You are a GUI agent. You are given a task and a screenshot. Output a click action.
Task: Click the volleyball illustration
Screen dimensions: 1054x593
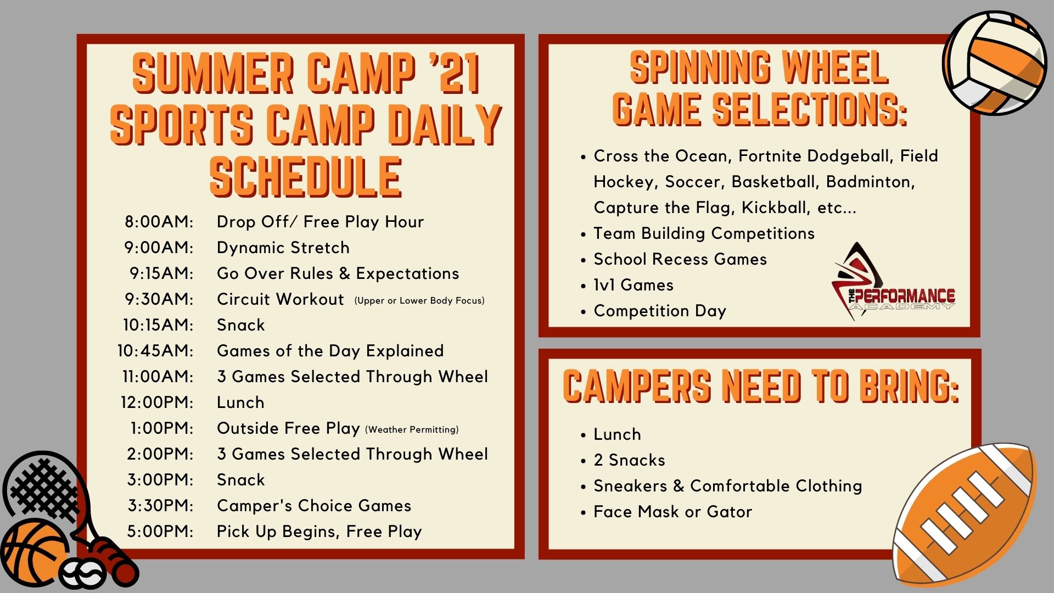pos(994,63)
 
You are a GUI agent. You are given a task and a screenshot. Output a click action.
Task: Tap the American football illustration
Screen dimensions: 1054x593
pos(965,515)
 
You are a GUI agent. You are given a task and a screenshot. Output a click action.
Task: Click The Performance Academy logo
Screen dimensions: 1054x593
pos(893,281)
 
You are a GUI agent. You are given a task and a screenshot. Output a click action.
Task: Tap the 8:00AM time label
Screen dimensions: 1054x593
pos(159,222)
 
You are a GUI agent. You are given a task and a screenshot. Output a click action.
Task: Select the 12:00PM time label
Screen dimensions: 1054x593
pos(157,402)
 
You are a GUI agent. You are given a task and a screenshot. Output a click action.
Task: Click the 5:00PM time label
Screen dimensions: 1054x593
pos(160,532)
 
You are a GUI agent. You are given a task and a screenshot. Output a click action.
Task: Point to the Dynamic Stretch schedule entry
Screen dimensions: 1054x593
pos(283,248)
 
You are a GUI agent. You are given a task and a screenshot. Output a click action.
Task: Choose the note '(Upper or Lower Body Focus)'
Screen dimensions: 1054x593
pos(419,300)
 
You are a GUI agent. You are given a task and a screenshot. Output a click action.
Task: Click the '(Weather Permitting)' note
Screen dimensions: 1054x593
pos(412,429)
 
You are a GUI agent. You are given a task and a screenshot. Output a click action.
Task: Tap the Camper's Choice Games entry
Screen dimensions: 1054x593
pos(314,506)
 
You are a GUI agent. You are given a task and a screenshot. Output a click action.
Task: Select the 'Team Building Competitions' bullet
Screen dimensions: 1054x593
pos(704,233)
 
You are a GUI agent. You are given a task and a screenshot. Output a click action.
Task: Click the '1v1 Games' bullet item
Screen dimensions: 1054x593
pos(633,285)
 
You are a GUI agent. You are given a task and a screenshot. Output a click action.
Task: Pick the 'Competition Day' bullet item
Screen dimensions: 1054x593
pos(660,311)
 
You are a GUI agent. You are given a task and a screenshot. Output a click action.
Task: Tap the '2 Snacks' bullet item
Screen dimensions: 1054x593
pos(629,460)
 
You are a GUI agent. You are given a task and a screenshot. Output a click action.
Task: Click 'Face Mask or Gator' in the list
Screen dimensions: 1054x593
pos(672,512)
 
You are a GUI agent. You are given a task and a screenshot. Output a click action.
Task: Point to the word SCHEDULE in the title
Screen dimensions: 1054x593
pos(306,177)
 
